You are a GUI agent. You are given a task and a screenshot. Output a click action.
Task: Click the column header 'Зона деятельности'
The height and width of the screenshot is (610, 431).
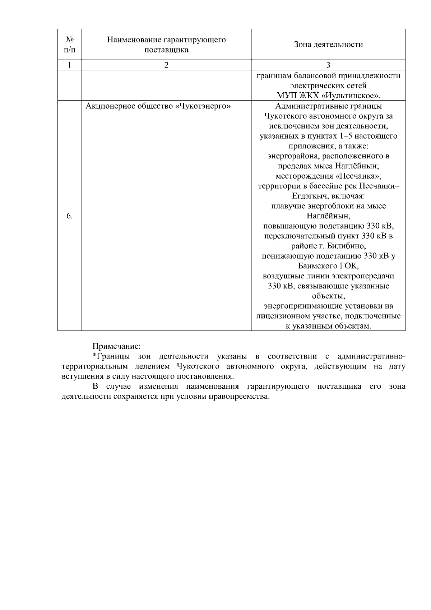(x=328, y=45)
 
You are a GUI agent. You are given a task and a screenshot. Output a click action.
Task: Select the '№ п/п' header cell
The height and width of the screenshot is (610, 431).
(x=69, y=45)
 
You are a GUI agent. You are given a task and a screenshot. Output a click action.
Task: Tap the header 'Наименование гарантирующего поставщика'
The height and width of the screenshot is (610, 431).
(x=166, y=45)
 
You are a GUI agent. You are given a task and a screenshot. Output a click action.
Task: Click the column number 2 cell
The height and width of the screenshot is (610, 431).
(x=166, y=65)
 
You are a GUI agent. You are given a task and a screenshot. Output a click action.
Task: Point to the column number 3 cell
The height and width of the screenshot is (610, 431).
(x=328, y=65)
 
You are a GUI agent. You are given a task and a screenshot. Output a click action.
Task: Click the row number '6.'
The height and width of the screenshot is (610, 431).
(x=69, y=216)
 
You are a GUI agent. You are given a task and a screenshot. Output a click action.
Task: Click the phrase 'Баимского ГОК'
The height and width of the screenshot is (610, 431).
(x=328, y=266)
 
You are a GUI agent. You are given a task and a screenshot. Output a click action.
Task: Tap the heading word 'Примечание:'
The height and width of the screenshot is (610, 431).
(x=116, y=347)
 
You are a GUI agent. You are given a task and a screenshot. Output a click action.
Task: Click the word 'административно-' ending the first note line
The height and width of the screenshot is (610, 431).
(x=371, y=356)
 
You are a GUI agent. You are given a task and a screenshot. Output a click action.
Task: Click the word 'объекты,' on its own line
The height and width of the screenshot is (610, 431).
(x=328, y=296)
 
